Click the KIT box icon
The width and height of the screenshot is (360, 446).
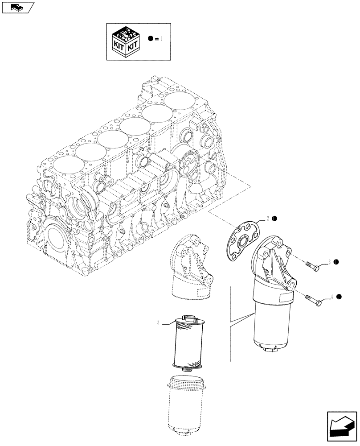point(126,41)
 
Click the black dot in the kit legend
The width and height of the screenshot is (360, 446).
point(151,39)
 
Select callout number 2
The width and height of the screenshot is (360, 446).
point(268,218)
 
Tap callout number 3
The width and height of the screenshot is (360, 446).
point(329,262)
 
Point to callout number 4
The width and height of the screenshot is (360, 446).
point(332,296)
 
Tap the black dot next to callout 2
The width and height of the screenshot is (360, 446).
point(275,218)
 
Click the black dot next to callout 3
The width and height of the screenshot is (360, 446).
point(336,262)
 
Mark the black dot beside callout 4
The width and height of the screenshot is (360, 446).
point(339,296)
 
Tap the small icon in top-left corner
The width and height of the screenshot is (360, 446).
point(17,7)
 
